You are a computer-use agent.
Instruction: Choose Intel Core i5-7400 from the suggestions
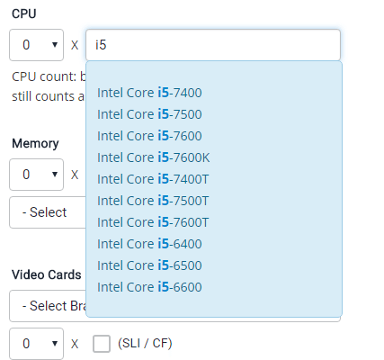pyautogui.click(x=149, y=93)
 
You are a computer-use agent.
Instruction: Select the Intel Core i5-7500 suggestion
pyautogui.click(x=149, y=114)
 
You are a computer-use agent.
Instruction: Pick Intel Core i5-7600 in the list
pyautogui.click(x=149, y=136)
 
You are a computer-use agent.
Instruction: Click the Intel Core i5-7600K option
pyautogui.click(x=154, y=157)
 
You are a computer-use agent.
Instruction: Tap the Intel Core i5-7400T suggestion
pyautogui.click(x=153, y=179)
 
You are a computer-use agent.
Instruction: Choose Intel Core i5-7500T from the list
pyautogui.click(x=153, y=201)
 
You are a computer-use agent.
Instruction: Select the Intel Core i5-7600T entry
pyautogui.click(x=153, y=222)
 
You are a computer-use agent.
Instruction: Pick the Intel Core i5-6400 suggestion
pyautogui.click(x=149, y=244)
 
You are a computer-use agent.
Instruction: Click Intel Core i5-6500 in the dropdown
pyautogui.click(x=149, y=265)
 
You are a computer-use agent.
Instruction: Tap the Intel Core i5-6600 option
pyautogui.click(x=149, y=287)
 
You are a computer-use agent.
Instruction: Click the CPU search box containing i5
pyautogui.click(x=213, y=45)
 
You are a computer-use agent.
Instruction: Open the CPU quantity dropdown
pyautogui.click(x=37, y=45)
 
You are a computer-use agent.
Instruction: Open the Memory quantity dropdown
pyautogui.click(x=37, y=175)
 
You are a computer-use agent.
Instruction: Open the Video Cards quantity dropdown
pyautogui.click(x=37, y=344)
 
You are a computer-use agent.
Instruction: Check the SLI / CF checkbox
pyautogui.click(x=102, y=344)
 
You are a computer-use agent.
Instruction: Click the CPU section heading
pyautogui.click(x=24, y=13)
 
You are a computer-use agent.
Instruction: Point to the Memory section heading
pyautogui.click(x=35, y=144)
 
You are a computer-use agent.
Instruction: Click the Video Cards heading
pyautogui.click(x=47, y=274)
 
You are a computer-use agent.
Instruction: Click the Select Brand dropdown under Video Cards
pyautogui.click(x=48, y=306)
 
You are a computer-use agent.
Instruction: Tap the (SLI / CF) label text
pyautogui.click(x=145, y=344)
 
